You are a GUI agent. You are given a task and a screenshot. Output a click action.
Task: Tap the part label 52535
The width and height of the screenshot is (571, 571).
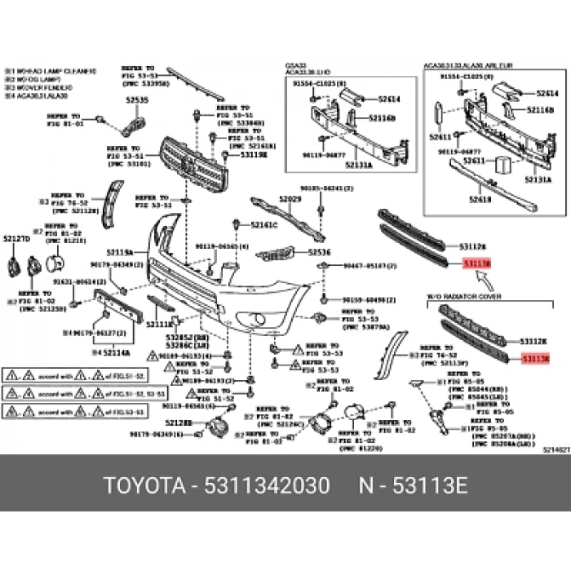pyautogui.click(x=137, y=100)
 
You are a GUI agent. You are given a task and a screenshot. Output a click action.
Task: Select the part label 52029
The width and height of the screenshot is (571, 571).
pyautogui.click(x=290, y=199)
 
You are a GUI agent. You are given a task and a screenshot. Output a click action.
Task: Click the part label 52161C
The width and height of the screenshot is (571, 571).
pyautogui.click(x=263, y=224)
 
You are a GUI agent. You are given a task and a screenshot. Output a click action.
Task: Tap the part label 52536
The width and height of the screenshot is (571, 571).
pyautogui.click(x=319, y=253)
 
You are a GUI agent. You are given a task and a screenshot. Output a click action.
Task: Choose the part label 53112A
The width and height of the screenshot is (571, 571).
pyautogui.click(x=473, y=246)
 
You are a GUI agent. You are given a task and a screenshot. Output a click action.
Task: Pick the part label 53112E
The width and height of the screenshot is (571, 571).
pyautogui.click(x=535, y=340)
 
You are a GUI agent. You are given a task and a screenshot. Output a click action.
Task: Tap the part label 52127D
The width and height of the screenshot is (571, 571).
pyautogui.click(x=15, y=239)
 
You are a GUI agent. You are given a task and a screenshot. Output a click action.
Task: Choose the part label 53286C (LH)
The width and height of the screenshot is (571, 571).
pyautogui.click(x=195, y=345)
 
